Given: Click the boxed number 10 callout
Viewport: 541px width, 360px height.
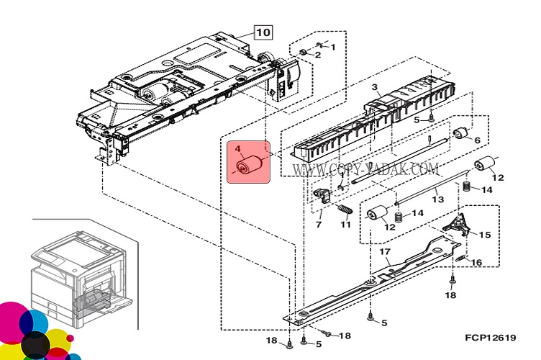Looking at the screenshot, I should click(x=263, y=32).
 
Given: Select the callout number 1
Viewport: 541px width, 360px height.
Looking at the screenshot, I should click(x=332, y=47).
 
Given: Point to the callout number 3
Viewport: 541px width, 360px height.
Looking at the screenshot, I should click(x=375, y=88).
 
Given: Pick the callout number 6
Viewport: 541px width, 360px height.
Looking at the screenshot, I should click(x=477, y=140).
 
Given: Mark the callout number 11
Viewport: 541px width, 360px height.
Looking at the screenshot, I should click(x=345, y=225).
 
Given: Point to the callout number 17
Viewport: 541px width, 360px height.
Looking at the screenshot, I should click(x=385, y=252).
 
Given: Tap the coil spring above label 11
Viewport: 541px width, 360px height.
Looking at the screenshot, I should click(x=344, y=210).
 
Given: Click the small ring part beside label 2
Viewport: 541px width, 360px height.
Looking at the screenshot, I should click(x=304, y=53).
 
